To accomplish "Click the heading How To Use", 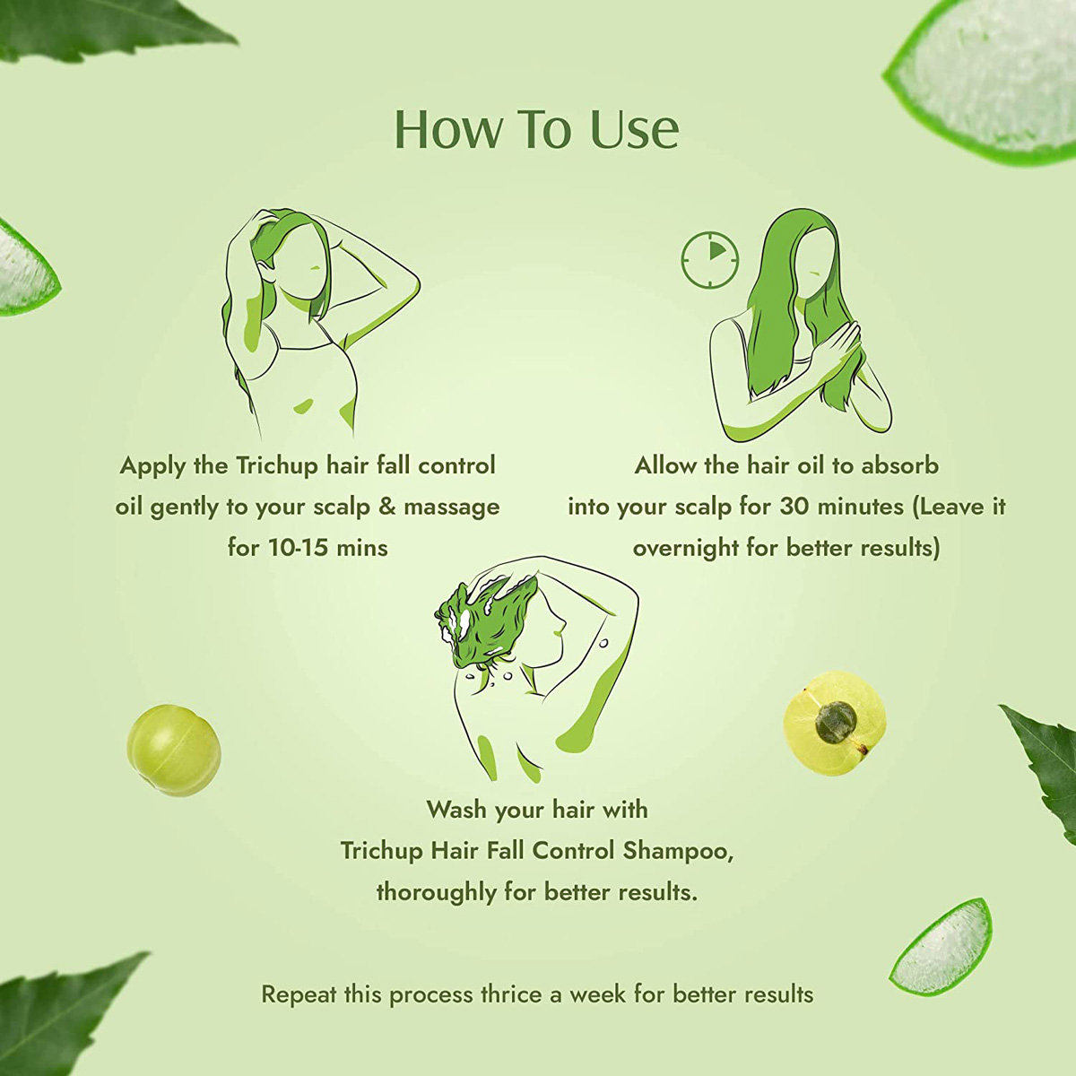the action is coord(536,129).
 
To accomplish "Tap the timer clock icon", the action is coord(709,261).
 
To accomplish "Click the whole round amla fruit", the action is coord(174,750).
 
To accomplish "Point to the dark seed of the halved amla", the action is coord(836,723).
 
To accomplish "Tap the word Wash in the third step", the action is coord(456,810).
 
